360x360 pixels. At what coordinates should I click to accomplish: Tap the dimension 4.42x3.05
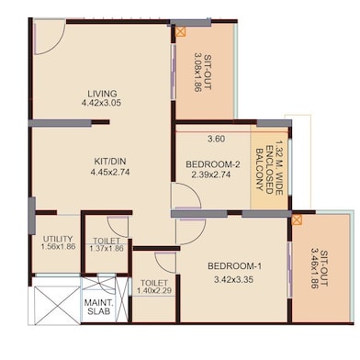tap(101, 103)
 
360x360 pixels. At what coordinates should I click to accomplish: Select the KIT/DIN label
tap(110, 162)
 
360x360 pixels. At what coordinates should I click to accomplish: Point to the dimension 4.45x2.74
tap(110, 172)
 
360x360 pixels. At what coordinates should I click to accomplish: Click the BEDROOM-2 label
tap(213, 164)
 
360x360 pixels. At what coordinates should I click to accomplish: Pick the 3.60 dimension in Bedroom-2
tap(217, 139)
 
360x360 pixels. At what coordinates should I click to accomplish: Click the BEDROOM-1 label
tap(235, 266)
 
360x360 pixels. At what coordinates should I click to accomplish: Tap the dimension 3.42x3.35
tap(234, 280)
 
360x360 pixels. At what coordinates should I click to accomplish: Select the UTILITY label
tap(58, 239)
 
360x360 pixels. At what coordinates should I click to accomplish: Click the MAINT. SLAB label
tap(98, 307)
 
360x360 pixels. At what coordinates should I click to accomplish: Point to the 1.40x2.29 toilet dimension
tap(154, 291)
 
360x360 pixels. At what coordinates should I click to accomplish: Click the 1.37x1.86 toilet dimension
tap(107, 248)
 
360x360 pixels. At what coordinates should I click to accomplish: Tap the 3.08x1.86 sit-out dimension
tap(198, 73)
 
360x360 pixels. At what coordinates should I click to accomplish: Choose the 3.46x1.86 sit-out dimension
tap(315, 268)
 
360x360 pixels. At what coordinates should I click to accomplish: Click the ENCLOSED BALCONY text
tap(264, 170)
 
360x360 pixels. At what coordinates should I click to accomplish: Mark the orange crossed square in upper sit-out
tap(181, 32)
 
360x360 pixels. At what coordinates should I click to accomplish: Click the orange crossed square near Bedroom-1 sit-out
tap(297, 219)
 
